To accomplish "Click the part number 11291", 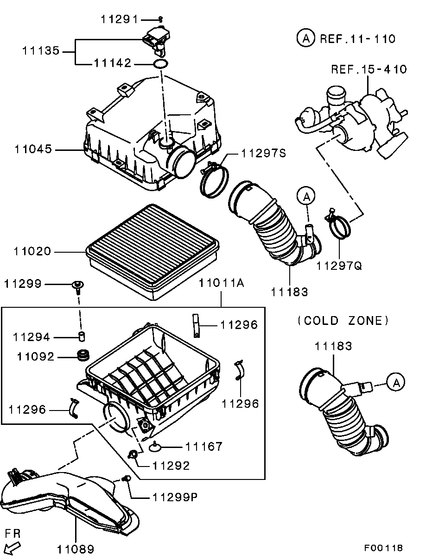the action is (119, 19).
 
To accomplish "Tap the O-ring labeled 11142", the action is (160, 63).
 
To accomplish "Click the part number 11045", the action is (33, 149).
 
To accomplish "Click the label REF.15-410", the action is (369, 69).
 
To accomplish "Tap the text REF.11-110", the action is (357, 39).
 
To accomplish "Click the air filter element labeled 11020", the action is (153, 252).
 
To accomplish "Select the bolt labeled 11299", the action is (78, 287).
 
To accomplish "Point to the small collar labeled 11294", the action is (82, 336).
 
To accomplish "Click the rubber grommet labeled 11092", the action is (83, 355).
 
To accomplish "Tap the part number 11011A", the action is (221, 283).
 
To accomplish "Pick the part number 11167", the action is (204, 447).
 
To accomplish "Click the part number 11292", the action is (171, 466).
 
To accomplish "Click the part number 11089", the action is (76, 549).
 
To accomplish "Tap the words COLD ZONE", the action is (343, 321).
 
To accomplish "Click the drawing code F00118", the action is (383, 548).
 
